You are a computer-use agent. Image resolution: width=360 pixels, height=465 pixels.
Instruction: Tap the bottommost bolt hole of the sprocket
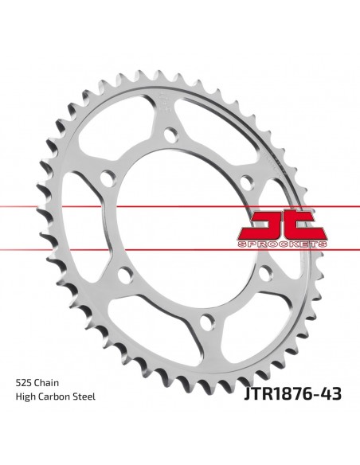205,322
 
